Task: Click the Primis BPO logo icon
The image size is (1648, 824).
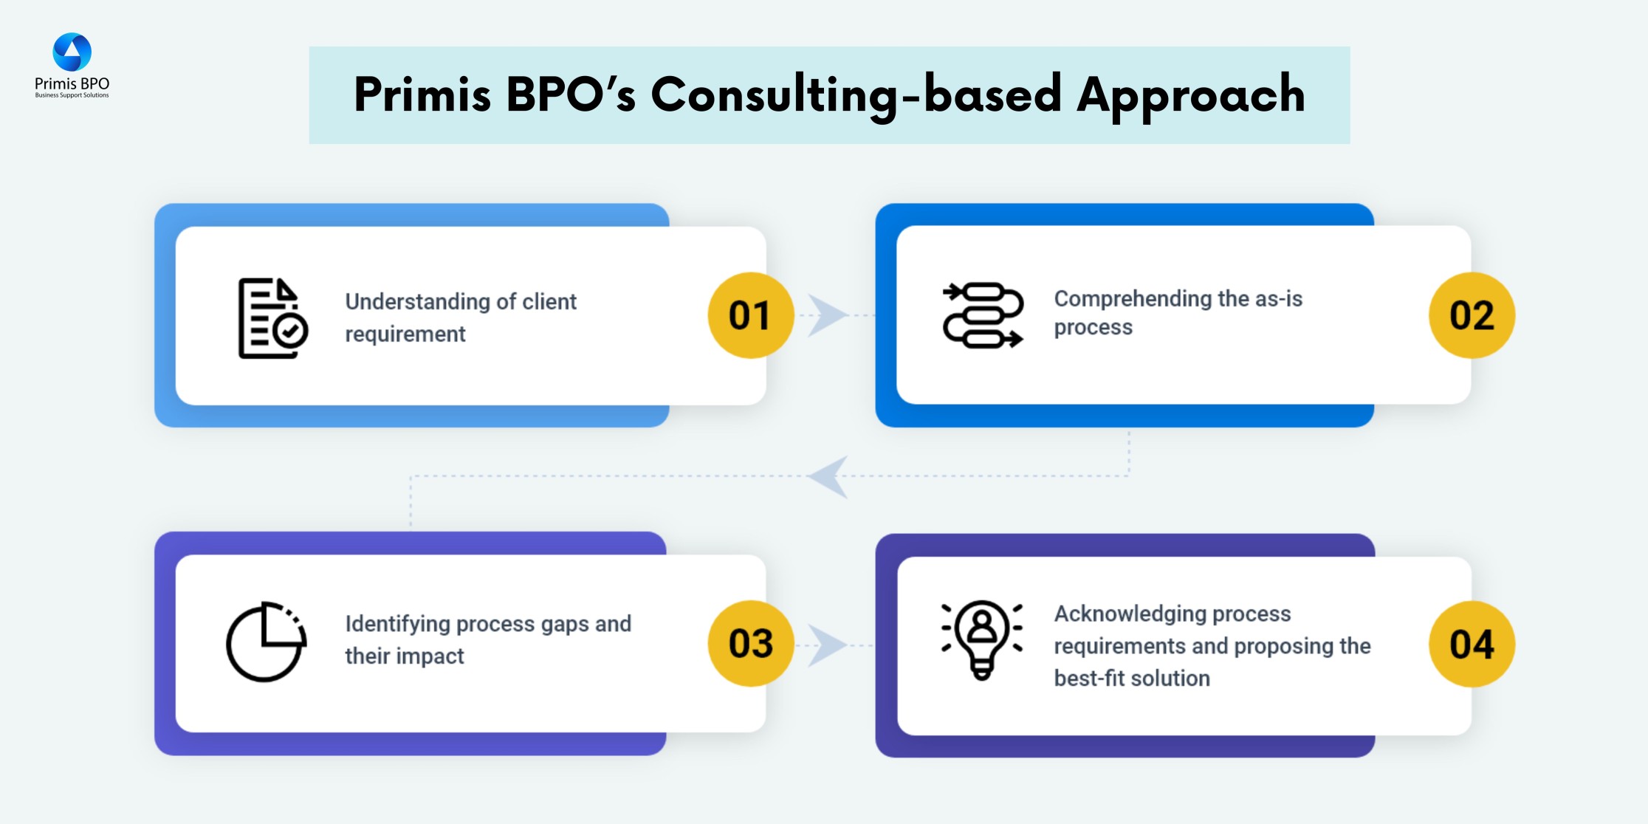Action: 72,52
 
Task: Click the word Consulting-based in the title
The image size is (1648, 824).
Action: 856,95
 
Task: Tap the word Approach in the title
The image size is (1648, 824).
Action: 1190,95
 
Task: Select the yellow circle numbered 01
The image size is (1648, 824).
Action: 750,315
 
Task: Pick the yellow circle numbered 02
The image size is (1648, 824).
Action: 1472,315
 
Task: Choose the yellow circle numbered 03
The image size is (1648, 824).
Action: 750,643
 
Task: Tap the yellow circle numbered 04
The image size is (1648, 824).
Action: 1472,644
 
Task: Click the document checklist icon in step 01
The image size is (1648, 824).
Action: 272,318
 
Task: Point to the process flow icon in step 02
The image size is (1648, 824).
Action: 983,315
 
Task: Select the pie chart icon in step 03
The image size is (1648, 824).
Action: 266,642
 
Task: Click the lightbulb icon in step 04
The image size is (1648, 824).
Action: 982,639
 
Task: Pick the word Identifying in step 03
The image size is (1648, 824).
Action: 397,624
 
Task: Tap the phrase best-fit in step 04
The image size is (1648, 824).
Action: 1085,678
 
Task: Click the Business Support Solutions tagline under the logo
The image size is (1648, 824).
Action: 72,95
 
